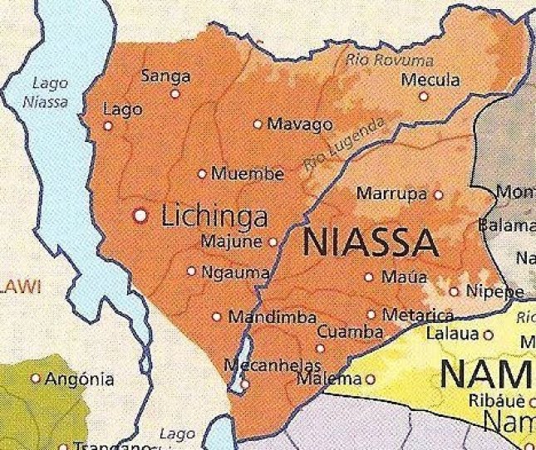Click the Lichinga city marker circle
tap(141, 216)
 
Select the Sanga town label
tap(165, 76)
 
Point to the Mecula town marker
tap(423, 96)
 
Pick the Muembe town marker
tap(202, 174)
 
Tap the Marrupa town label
tap(391, 194)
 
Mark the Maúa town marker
tap(369, 276)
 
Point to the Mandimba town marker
tap(217, 316)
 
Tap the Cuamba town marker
tap(321, 348)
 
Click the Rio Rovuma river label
tap(389, 60)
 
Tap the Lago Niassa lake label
tap(49, 90)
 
